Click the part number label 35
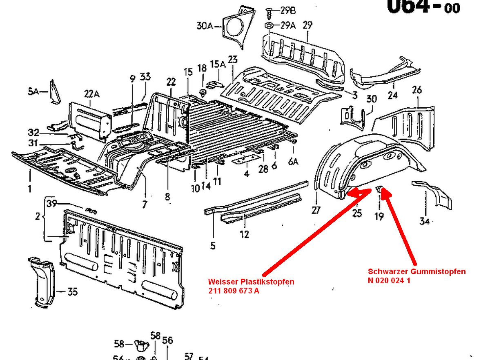pos(72,292)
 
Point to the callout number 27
pos(316,210)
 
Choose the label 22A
pos(91,94)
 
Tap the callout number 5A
pos(33,91)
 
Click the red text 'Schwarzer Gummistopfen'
pos(416,271)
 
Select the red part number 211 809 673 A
pos(233,291)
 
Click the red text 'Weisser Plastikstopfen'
pos(251,282)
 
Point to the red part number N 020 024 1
pos(389,280)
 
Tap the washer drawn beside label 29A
pos(269,26)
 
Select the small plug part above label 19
pos(379,189)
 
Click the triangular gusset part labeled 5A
pos(54,91)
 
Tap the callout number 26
pos(416,90)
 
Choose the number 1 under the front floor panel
pos(30,189)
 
